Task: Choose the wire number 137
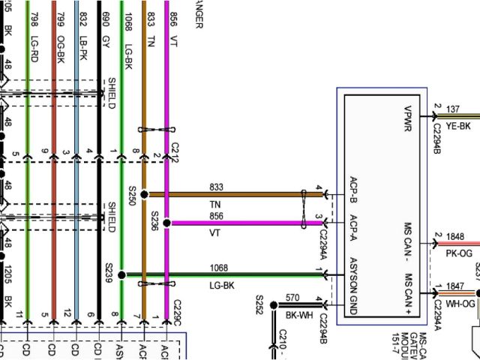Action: [453, 109]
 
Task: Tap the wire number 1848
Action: [456, 236]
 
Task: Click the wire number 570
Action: [292, 297]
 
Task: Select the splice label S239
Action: [109, 271]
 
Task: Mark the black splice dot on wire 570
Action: [274, 304]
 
